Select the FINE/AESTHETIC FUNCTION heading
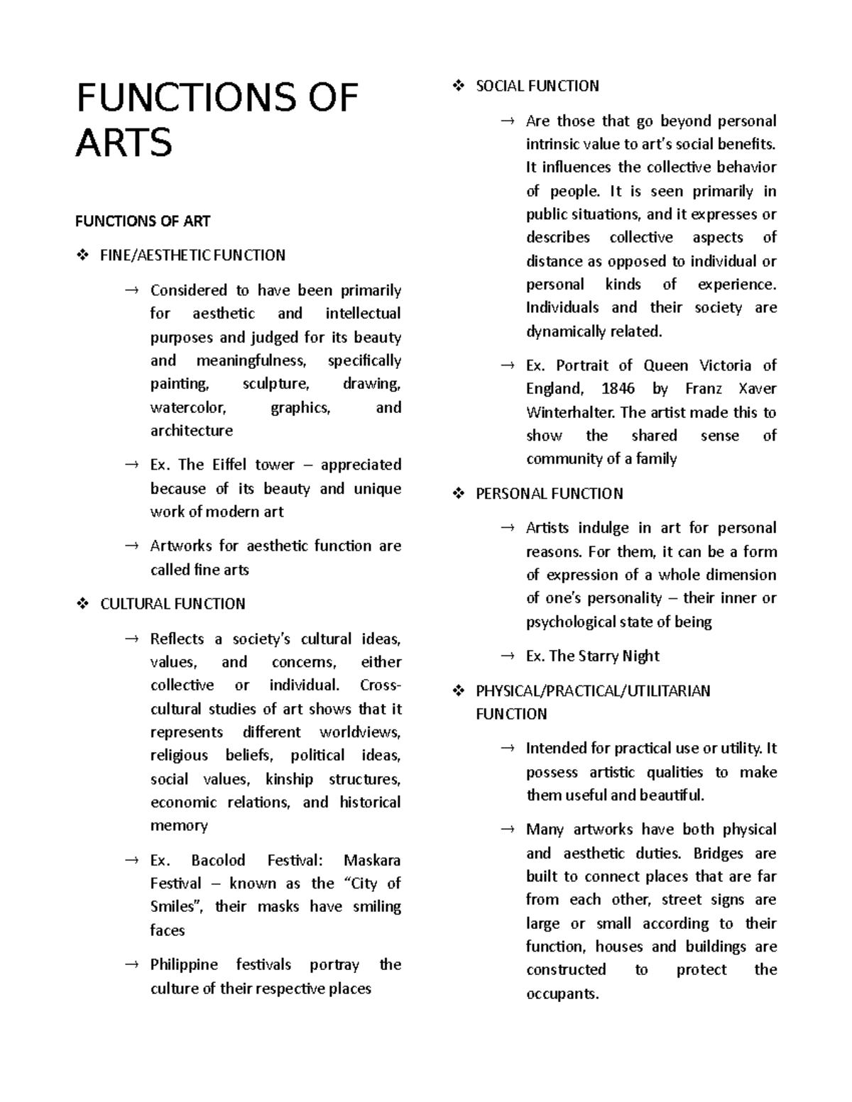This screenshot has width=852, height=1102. click(x=192, y=255)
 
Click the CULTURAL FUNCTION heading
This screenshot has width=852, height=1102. click(x=173, y=604)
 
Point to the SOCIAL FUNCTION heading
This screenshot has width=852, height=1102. click(x=537, y=86)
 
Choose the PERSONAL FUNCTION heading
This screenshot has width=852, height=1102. click(x=549, y=494)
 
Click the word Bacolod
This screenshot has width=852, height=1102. click(x=219, y=861)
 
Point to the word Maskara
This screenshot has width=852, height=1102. click(x=372, y=861)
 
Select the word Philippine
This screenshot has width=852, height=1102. click(x=185, y=965)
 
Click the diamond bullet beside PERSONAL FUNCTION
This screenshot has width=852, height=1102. click(x=458, y=494)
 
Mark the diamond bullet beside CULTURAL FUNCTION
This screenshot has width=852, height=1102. click(x=82, y=604)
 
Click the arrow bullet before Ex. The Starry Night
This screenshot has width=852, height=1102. click(x=507, y=656)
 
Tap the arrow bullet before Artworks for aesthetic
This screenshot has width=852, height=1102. click(x=131, y=546)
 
